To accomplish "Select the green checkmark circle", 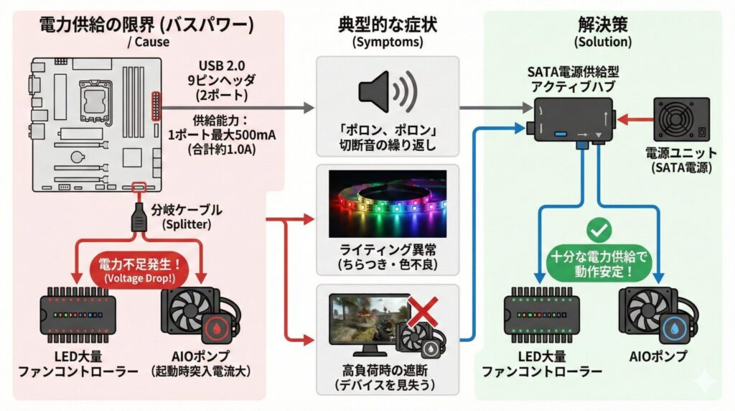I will [x=598, y=231].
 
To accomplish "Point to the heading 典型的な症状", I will [x=387, y=24].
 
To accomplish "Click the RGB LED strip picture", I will [x=387, y=204].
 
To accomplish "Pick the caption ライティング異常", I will [x=387, y=251].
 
